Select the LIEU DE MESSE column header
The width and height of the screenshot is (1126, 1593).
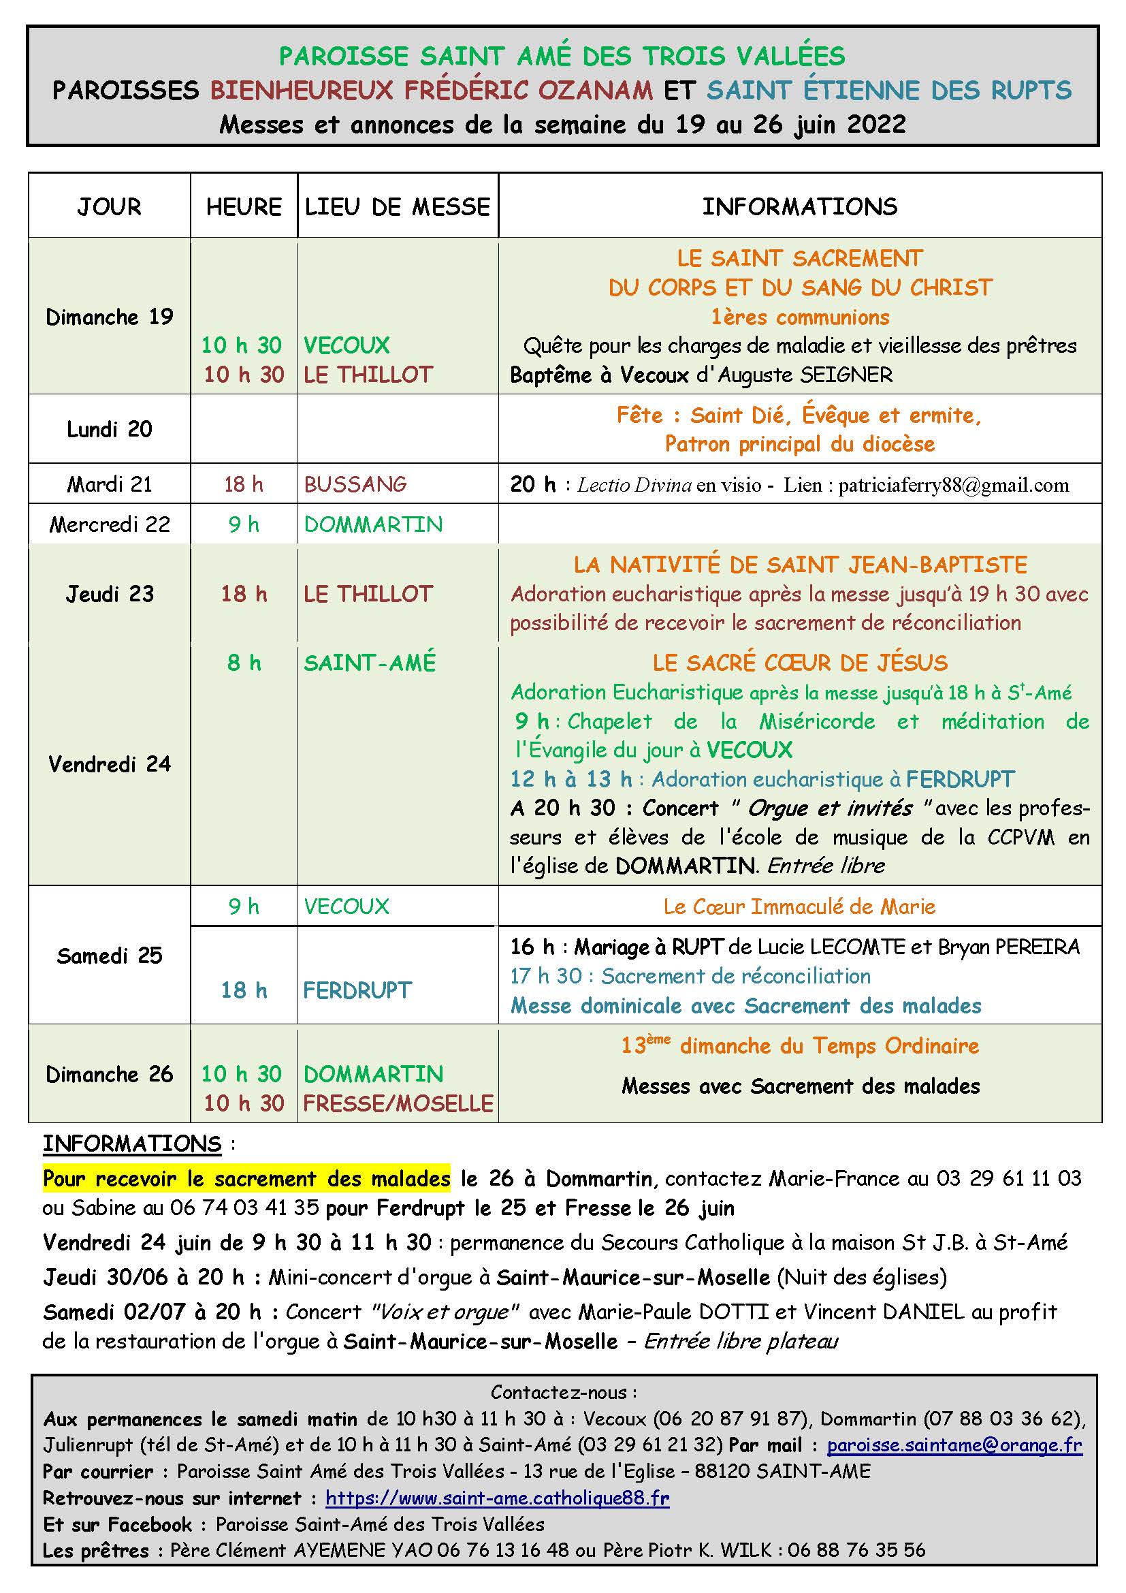pos(398,207)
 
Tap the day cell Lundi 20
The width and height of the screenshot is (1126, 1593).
pos(110,430)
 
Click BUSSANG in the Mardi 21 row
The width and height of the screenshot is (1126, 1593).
pos(355,484)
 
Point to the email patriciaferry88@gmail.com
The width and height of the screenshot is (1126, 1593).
pos(953,485)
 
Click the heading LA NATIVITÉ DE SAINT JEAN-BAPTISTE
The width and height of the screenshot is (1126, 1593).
pos(800,565)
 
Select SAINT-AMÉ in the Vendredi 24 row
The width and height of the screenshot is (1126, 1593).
pos(370,663)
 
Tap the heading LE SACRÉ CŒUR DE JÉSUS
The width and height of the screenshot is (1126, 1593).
pos(800,663)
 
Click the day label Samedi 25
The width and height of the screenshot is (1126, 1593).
pos(110,956)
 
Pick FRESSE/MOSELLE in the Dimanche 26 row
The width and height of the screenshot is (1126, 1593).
pos(398,1103)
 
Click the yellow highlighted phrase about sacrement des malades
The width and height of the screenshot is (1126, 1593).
pos(246,1178)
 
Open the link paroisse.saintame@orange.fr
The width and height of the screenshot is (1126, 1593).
pos(954,1445)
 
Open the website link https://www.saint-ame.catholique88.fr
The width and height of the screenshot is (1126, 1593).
pos(497,1498)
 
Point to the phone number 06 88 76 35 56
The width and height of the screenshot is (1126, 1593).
pos(856,1550)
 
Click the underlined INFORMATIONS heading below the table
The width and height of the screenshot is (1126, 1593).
pos(132,1144)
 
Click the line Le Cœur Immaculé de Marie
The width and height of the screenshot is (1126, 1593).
pos(799,906)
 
